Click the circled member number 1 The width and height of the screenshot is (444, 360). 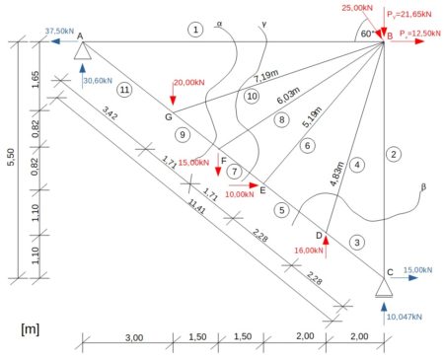tap(195, 30)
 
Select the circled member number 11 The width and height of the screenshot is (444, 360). tap(124, 90)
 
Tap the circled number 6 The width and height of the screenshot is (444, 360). tap(307, 145)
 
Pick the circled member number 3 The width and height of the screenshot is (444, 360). tap(357, 243)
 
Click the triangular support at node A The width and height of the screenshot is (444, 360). tap(82, 51)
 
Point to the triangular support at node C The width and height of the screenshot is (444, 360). tap(384, 288)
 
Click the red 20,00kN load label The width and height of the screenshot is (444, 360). tap(189, 82)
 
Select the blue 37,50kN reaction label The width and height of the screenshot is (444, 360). tap(59, 32)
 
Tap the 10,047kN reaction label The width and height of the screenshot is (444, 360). tap(405, 317)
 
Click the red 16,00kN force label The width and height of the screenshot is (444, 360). tap(309, 251)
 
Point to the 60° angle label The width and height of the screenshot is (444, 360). tap(367, 34)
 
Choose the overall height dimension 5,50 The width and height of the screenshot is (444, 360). tap(11, 157)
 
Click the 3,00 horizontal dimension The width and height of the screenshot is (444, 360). tap(134, 337)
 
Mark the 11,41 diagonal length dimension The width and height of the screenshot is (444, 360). tap(196, 207)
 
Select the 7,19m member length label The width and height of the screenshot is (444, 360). tap(266, 76)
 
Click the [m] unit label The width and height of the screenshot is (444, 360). tap(30, 328)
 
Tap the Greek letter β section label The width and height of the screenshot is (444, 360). tap(423, 187)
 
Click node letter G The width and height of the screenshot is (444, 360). tap(169, 116)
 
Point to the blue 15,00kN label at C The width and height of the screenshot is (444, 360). tap(417, 270)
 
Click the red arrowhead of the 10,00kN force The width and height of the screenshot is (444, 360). tap(254, 185)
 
